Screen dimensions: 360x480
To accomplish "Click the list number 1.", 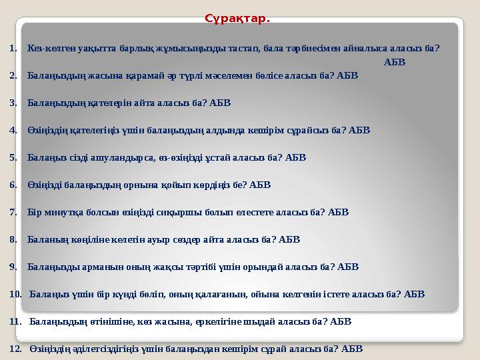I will [x=13, y=49].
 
